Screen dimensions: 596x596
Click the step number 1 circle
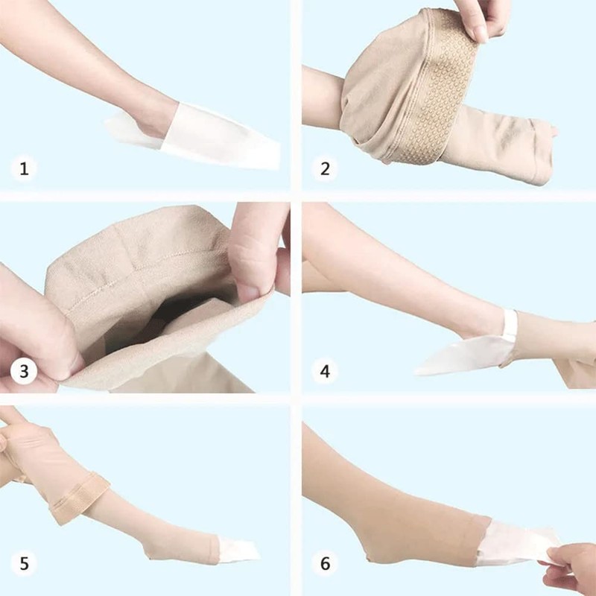tap(24, 168)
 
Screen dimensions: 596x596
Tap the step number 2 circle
tap(325, 168)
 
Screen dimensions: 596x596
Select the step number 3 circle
tap(24, 370)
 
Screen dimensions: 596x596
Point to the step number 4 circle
tap(325, 370)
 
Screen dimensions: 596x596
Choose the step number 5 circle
tap(24, 564)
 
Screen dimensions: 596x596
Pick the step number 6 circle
tap(325, 564)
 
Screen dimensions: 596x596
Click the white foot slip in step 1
tap(216, 138)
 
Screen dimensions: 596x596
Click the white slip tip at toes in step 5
tap(238, 549)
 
